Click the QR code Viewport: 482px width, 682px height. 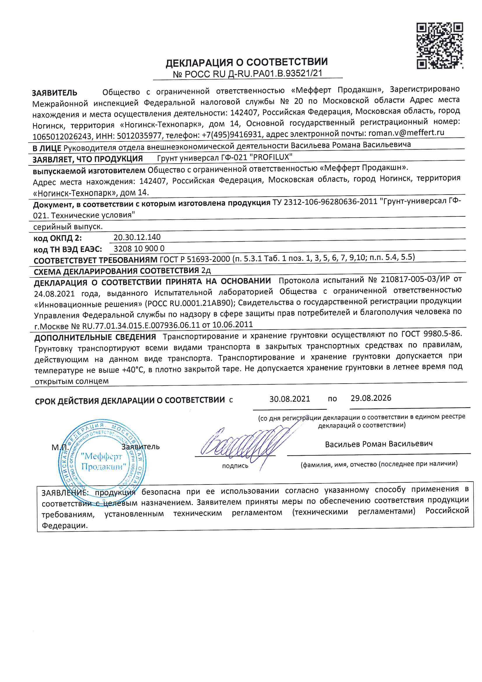[x=439, y=46]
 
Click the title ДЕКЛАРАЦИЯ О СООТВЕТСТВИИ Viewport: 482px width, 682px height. [x=246, y=62]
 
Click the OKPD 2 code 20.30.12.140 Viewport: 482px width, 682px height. [x=137, y=237]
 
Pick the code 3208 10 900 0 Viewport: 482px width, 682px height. [x=139, y=249]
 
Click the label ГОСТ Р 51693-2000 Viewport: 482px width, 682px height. [x=195, y=259]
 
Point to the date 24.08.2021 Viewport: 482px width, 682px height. [x=54, y=294]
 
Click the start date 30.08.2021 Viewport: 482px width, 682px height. [x=290, y=399]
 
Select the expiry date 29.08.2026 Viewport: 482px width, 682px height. [x=371, y=398]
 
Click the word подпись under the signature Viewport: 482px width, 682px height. [x=235, y=466]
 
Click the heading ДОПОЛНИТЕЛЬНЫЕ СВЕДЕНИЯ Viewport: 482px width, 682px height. [x=95, y=337]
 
